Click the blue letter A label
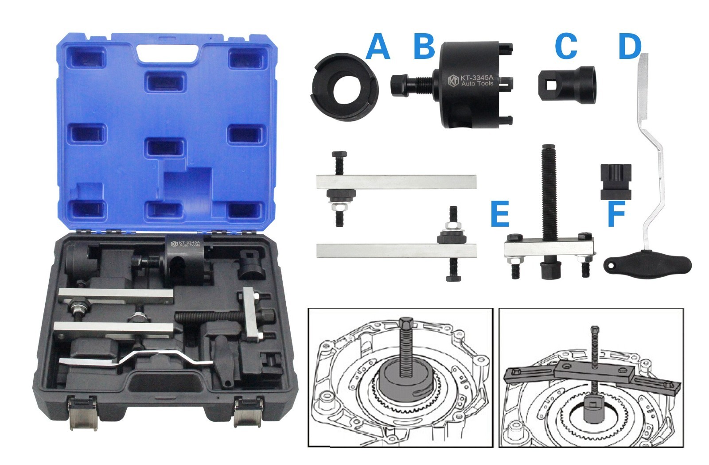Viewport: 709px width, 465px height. click(x=378, y=47)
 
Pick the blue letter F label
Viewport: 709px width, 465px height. click(x=616, y=214)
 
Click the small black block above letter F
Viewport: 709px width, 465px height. click(x=616, y=182)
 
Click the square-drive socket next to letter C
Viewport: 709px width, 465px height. click(x=567, y=84)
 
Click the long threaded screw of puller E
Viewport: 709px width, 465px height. click(x=548, y=195)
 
